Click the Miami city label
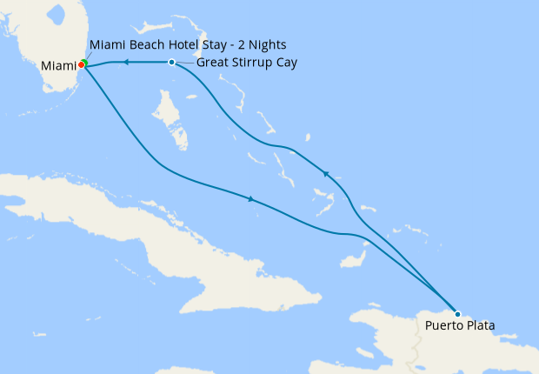(58, 66)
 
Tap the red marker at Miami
(81, 64)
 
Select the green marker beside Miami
(84, 63)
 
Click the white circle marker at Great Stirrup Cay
(172, 63)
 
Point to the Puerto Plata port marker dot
(457, 314)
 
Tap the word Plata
(478, 327)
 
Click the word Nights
(265, 44)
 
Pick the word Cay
(285, 63)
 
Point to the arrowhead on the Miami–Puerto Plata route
(251, 200)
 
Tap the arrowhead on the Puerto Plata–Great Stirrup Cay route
(327, 174)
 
